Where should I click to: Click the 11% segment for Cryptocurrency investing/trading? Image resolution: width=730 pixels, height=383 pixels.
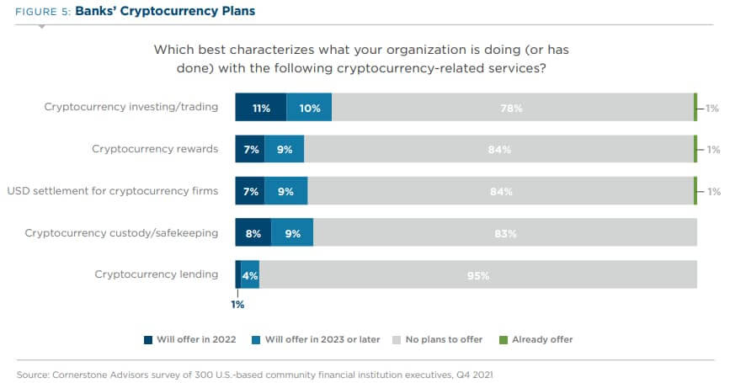click(x=260, y=108)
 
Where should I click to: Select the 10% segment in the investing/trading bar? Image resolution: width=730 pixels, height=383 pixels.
click(x=309, y=108)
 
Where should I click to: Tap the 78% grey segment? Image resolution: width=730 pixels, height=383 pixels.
click(x=512, y=108)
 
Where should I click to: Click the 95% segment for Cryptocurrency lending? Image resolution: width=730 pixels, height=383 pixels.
click(x=477, y=274)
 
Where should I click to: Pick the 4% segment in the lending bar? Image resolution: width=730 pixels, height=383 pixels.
click(x=250, y=274)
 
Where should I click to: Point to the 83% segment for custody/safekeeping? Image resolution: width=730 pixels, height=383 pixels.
click(x=505, y=233)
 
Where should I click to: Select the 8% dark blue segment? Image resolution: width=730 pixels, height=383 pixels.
click(x=253, y=233)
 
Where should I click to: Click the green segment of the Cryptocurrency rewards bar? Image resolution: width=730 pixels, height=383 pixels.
click(x=695, y=149)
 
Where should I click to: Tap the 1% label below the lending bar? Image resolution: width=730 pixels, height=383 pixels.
click(x=237, y=305)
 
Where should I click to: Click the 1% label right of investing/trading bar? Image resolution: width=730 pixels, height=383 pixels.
click(x=713, y=108)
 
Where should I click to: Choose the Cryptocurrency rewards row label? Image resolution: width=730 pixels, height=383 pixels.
click(x=155, y=149)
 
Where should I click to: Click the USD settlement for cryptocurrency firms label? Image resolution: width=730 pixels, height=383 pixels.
click(x=113, y=191)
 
